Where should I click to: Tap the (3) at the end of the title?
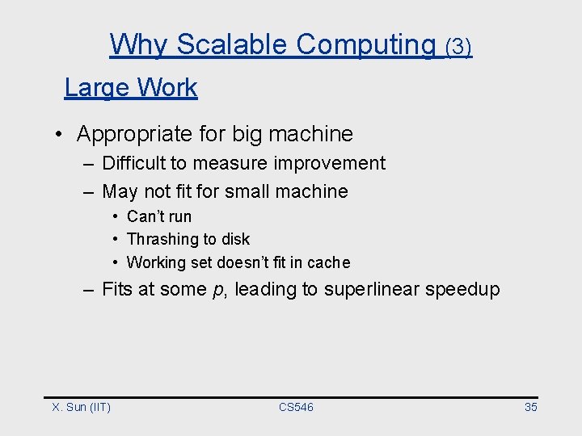(x=458, y=47)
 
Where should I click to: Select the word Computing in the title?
(x=365, y=45)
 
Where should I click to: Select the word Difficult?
(x=134, y=163)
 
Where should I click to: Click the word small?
(x=247, y=191)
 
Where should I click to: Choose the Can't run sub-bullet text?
(x=159, y=216)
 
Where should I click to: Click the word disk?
(x=234, y=239)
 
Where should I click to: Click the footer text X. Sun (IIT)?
(x=82, y=407)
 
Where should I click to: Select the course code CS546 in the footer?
(x=296, y=407)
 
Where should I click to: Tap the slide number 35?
(x=530, y=407)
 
